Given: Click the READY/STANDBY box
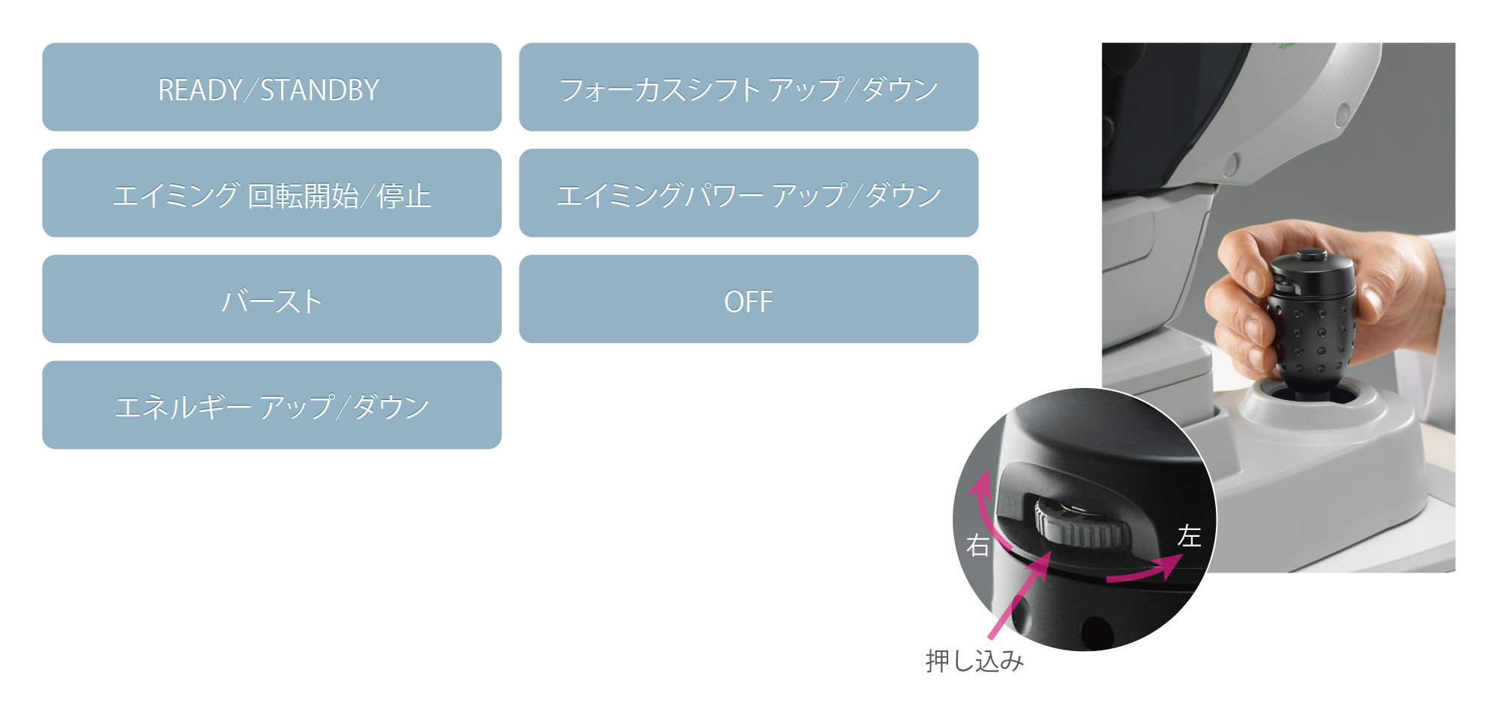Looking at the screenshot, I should coord(271,87).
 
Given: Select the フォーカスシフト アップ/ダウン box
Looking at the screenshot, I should coord(748,87).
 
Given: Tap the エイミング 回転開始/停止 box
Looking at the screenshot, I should coord(271,194).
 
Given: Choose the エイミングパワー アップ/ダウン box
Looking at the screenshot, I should coord(748,194).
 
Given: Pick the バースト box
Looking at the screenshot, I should coord(271,299).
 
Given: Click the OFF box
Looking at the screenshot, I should coord(748,299).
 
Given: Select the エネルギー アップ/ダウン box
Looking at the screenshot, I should coord(271,405).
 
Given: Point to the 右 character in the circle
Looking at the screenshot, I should coord(978,545).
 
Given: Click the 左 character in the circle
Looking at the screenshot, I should coord(1189,536).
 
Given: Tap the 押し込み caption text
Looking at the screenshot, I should coord(974,661).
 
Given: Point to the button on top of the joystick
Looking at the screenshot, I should coord(1308,256).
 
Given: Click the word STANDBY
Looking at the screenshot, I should coord(319,90).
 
